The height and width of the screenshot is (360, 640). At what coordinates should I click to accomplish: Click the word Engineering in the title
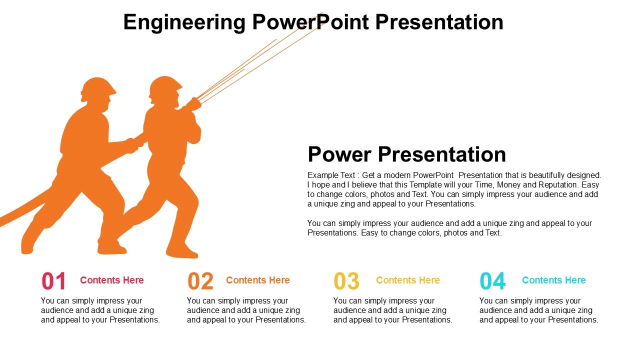point(184,23)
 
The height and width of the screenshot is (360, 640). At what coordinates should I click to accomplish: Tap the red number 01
point(53,281)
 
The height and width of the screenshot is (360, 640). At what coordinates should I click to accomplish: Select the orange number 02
point(200,281)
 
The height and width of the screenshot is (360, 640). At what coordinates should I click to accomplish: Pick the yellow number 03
point(346,281)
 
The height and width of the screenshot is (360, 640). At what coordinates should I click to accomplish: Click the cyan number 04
point(492,281)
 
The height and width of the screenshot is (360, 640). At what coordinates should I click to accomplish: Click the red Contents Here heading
point(112,280)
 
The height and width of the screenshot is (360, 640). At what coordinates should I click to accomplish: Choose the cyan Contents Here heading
point(553,280)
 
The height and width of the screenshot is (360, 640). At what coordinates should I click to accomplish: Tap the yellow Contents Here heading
point(407,280)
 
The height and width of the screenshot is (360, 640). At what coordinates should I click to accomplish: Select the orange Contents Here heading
point(257,280)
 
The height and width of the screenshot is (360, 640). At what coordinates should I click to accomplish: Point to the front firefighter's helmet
point(165,85)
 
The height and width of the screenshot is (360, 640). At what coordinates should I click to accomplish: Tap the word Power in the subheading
point(339,154)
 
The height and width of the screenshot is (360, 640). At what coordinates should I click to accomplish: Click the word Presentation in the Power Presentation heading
point(442,154)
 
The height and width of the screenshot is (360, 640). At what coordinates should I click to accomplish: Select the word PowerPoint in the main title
point(310,22)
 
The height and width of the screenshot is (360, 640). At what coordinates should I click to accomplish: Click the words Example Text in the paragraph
point(331,175)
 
